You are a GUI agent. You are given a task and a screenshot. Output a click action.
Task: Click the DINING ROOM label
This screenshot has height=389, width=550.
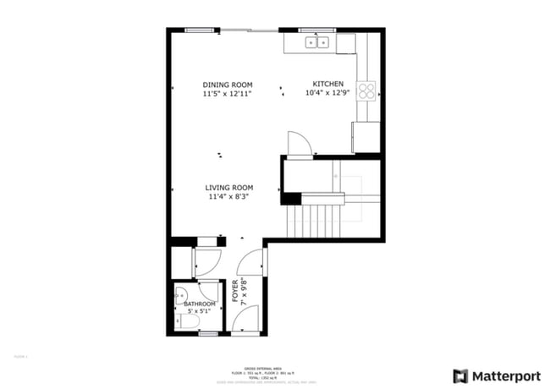(x=229, y=85)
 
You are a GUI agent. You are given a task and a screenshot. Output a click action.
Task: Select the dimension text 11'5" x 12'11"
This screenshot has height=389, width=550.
(x=229, y=94)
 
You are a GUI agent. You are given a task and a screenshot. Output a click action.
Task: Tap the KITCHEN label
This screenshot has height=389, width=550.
(x=328, y=85)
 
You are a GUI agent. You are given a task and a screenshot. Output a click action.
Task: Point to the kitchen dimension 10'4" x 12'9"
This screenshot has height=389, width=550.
(x=328, y=94)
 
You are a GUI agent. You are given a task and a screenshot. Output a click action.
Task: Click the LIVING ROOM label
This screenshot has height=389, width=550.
(x=229, y=188)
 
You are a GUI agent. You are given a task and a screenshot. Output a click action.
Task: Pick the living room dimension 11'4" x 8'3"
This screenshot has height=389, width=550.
(x=229, y=197)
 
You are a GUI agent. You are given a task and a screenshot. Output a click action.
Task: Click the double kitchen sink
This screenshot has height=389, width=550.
(x=318, y=41)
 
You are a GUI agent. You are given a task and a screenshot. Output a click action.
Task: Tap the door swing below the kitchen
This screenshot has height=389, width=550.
(x=300, y=145)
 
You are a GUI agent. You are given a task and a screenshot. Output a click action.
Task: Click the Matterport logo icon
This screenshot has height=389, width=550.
(x=461, y=375)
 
